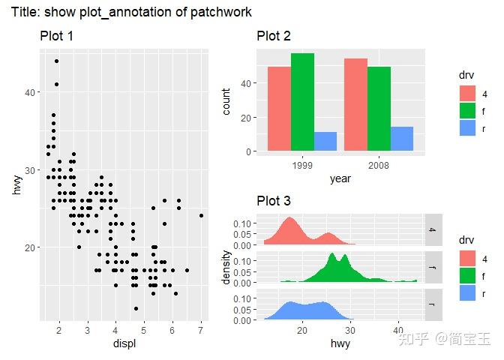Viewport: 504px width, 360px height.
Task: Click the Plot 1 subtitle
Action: click(57, 37)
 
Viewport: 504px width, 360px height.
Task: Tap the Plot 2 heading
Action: click(274, 37)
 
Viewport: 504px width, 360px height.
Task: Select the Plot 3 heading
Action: click(274, 201)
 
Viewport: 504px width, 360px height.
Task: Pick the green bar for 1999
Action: click(303, 102)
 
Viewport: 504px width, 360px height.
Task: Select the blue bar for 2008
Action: click(402, 139)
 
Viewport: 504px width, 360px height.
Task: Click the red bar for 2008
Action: click(356, 105)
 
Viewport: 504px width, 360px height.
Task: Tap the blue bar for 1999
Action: click(325, 142)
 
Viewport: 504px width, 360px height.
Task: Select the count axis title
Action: click(227, 100)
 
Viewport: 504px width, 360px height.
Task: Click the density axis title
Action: click(227, 267)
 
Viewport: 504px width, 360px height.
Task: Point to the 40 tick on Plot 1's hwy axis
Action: click(28, 92)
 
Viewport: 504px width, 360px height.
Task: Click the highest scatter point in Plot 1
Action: click(56, 61)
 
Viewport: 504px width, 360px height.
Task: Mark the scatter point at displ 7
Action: click(201, 215)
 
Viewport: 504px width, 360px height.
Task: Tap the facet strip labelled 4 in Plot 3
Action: click(432, 230)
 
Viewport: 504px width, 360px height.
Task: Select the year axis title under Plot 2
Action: click(340, 179)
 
